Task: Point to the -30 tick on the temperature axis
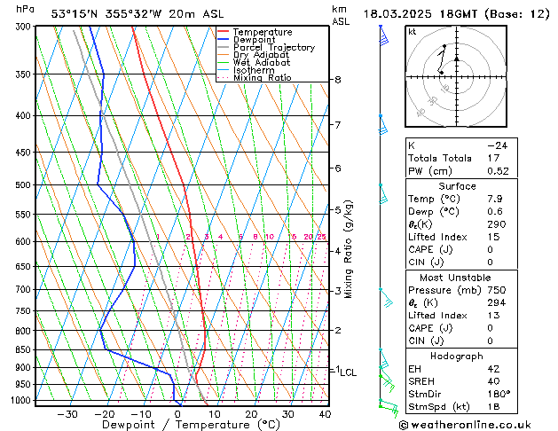pos(67,413)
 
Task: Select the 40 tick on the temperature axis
pos(325,413)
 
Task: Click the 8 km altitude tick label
pos(338,80)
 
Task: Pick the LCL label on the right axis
pos(348,372)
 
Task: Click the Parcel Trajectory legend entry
pos(273,48)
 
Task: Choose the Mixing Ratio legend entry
pos(262,78)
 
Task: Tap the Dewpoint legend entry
pos(255,40)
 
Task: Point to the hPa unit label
pos(26,9)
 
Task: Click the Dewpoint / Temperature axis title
pos(178,425)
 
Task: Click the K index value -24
pos(498,145)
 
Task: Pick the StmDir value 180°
pos(499,394)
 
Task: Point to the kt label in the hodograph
pos(412,32)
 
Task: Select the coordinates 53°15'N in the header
pos(75,13)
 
